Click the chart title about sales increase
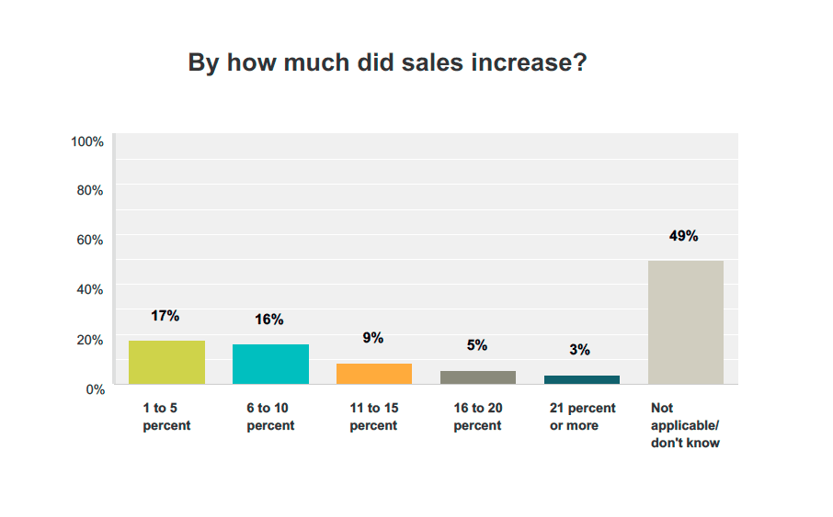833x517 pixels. pos(387,63)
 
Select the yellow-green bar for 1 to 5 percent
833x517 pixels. pos(166,362)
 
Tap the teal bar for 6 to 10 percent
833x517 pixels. pos(270,364)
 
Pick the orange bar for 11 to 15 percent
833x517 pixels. pos(373,373)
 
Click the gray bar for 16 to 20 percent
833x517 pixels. pos(477,377)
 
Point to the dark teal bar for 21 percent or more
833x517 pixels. pos(581,379)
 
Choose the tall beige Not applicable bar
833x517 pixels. pos(685,321)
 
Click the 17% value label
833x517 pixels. pos(165,316)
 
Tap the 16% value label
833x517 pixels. pos(269,320)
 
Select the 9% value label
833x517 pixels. pos(372,338)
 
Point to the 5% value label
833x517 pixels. pos(476,346)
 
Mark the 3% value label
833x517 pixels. pos(579,350)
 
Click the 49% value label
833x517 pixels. pos(684,236)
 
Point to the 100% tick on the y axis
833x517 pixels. pos(86,141)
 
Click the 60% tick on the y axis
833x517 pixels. pos(89,240)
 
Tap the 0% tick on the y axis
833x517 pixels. pos(95,389)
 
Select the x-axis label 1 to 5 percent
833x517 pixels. pos(166,417)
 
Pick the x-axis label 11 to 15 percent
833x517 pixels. pos(373,417)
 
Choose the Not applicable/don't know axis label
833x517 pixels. pos(685,425)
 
